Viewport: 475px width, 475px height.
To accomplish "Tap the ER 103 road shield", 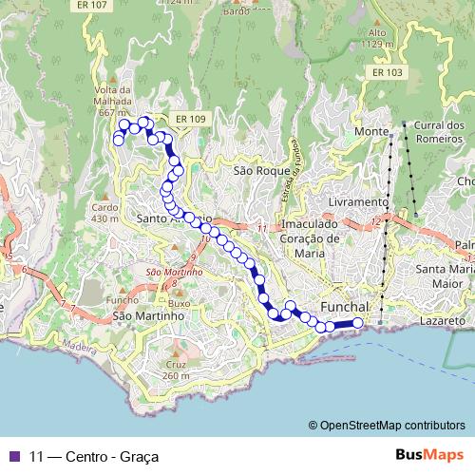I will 388,72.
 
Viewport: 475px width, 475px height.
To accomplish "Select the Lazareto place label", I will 442,323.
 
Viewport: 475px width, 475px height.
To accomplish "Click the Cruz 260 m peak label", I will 177,370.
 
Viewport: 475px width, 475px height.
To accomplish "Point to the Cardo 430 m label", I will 104,212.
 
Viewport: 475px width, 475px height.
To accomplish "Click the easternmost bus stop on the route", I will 358,323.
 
